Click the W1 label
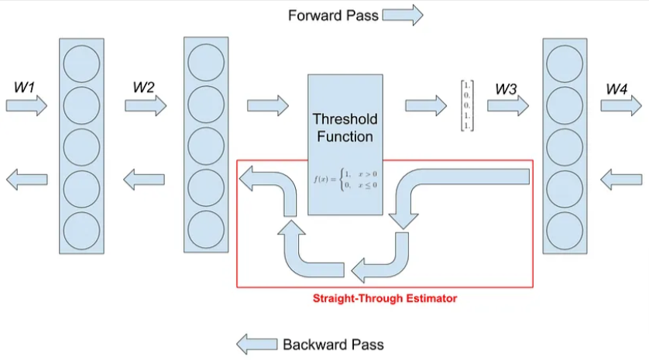point(25,86)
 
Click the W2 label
point(144,87)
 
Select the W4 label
point(616,90)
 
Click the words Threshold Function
point(345,128)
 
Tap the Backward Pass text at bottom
point(333,345)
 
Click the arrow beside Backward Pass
point(256,345)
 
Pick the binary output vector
point(467,105)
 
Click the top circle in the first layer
point(81,65)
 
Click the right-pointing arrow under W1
point(26,105)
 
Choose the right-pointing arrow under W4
point(622,105)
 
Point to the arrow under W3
point(507,105)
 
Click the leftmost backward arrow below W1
point(26,180)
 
